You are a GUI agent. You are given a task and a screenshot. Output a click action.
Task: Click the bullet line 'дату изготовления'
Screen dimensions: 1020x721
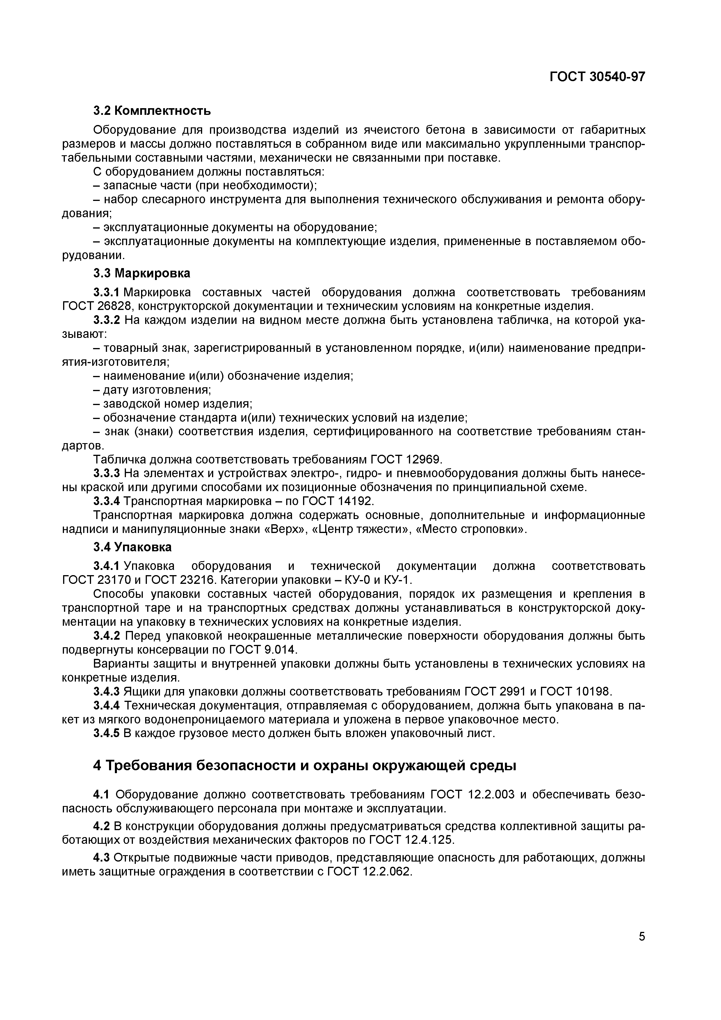[152, 390]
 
